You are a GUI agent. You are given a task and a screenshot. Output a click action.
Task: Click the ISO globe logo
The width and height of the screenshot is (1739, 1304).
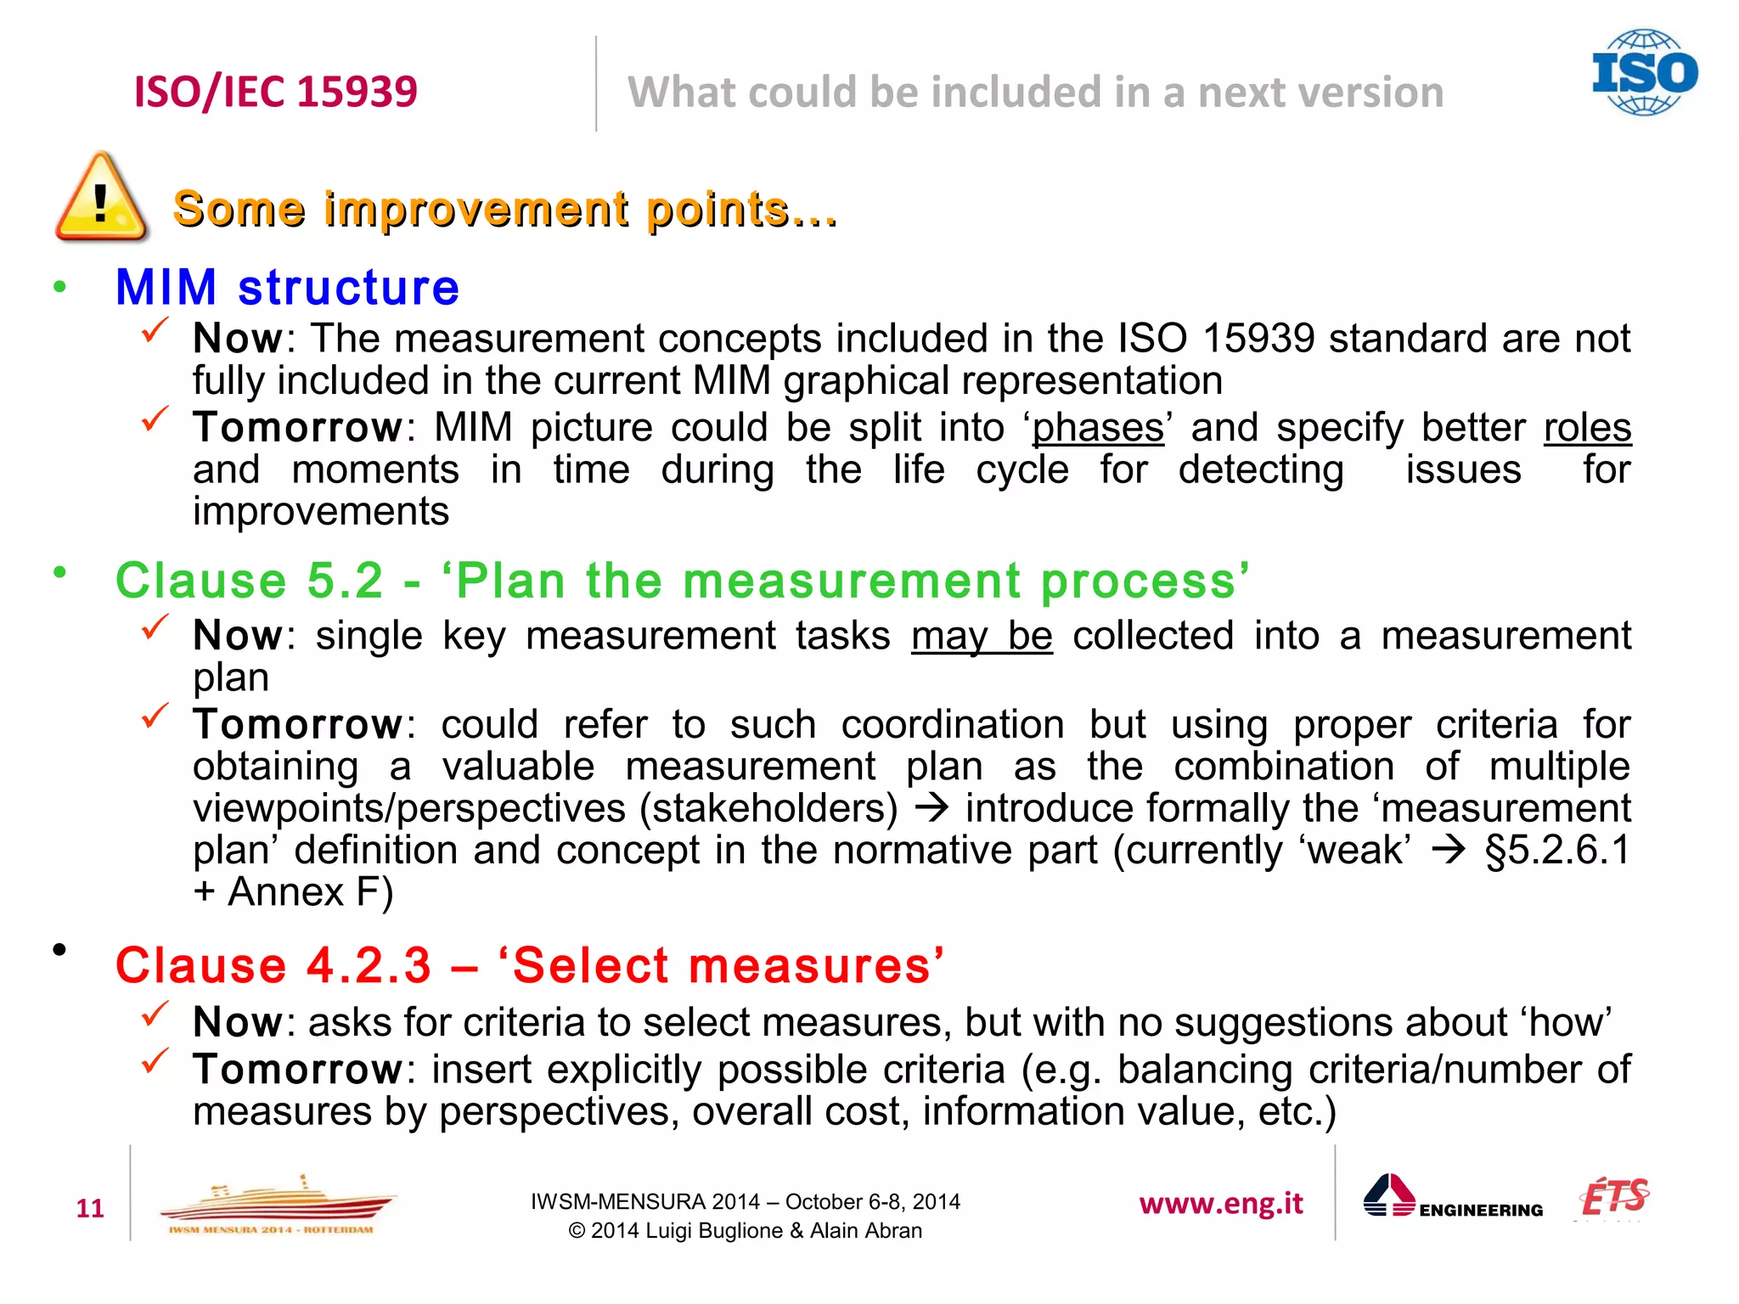(1644, 73)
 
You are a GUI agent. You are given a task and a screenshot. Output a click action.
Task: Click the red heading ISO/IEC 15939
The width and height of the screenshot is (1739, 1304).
(276, 92)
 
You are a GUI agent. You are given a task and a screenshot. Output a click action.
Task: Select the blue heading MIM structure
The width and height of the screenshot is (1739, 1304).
(287, 287)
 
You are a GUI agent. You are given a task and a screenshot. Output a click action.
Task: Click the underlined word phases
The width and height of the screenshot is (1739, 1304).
(1098, 428)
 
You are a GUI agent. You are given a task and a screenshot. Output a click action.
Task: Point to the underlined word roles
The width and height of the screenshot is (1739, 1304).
(1587, 428)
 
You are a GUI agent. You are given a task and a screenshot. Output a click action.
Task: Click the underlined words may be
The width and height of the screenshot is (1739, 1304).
(982, 636)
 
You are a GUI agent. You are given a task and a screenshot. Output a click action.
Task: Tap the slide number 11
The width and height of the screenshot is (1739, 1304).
(90, 1208)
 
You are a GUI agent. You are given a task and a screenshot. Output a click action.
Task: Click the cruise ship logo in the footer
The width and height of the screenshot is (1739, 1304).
(276, 1204)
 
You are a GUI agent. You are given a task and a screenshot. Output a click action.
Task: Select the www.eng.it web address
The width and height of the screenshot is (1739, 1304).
(1221, 1204)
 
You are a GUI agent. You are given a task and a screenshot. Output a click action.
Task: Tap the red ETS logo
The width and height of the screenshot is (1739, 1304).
(1613, 1197)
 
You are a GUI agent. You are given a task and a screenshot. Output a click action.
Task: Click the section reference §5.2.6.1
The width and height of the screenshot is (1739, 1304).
(1557, 851)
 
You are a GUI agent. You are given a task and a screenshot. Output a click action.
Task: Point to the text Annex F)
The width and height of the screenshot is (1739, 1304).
(310, 892)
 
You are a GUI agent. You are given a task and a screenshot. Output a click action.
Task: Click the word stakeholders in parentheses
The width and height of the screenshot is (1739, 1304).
(768, 808)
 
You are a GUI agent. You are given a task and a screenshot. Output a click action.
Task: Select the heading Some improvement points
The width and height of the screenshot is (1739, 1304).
(504, 209)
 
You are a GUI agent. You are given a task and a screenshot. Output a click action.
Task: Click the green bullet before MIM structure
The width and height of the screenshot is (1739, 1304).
(59, 287)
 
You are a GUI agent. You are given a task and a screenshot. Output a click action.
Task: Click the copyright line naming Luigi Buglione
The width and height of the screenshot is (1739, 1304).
(745, 1231)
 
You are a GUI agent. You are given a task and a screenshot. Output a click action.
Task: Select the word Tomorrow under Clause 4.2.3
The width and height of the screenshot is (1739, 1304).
(297, 1070)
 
